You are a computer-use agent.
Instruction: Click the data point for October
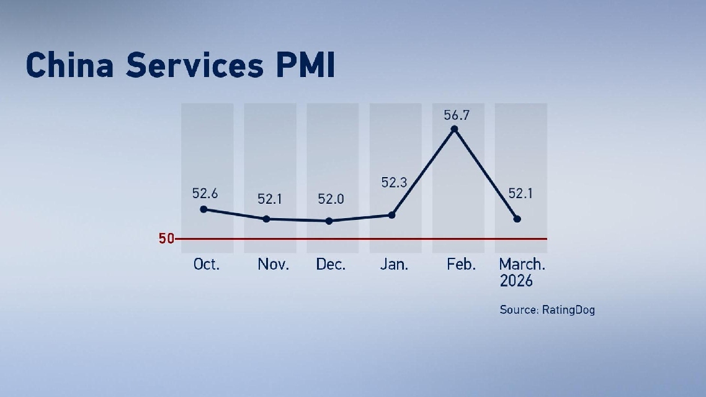click(x=203, y=209)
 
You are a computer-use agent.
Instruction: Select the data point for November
click(x=266, y=219)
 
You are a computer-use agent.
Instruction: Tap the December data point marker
click(x=329, y=221)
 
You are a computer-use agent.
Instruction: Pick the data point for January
click(x=391, y=215)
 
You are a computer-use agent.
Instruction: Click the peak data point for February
click(x=455, y=129)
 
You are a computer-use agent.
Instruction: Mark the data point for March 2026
click(x=517, y=219)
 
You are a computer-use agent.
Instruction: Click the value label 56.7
click(x=456, y=115)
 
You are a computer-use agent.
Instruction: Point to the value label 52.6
click(x=205, y=193)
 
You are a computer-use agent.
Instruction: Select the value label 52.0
click(x=331, y=199)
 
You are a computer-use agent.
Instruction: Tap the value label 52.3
click(x=394, y=182)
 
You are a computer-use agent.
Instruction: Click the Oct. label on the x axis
click(x=207, y=264)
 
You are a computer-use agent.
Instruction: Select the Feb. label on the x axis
click(x=461, y=264)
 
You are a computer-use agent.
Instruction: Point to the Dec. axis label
click(x=331, y=264)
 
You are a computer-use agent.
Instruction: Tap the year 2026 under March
click(x=516, y=281)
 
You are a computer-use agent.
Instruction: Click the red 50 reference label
click(x=166, y=239)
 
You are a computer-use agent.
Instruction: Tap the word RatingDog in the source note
click(x=568, y=309)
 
